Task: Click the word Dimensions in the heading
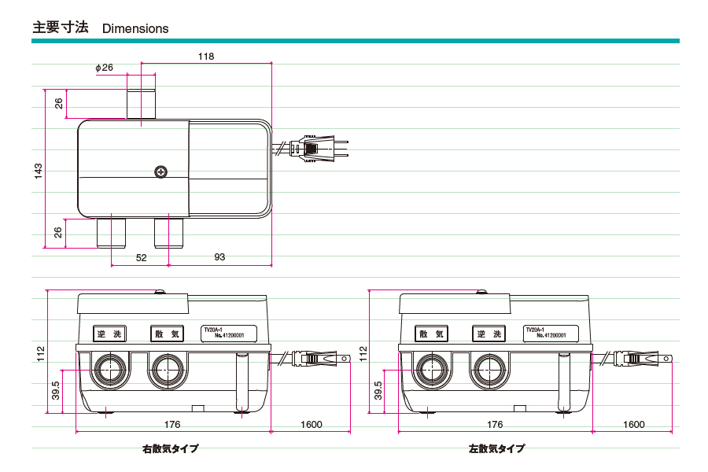(135, 28)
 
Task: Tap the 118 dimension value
(206, 57)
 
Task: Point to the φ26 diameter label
(105, 68)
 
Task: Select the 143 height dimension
(39, 171)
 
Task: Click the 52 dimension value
(142, 257)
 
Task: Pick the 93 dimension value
(219, 257)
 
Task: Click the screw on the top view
(160, 171)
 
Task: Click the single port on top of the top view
(141, 105)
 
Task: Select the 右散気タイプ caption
(170, 448)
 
